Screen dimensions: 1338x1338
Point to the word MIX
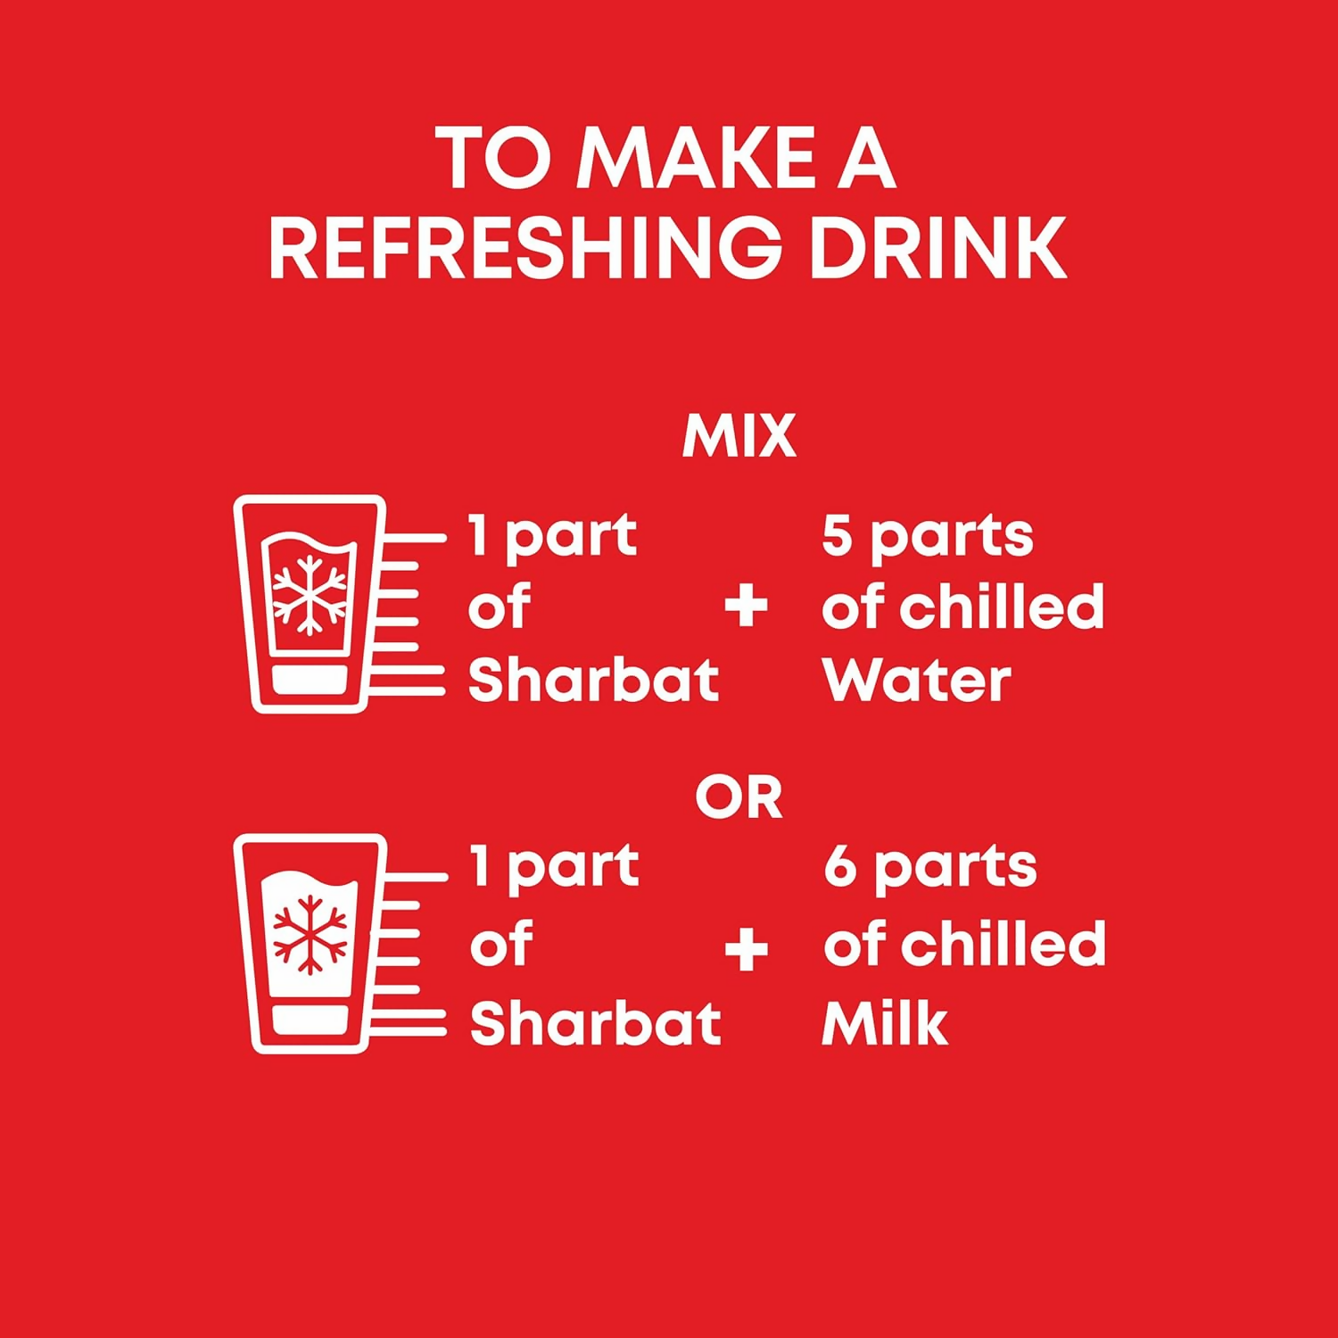(x=739, y=436)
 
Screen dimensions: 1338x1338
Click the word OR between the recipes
(x=739, y=797)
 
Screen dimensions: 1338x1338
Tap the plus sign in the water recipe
(x=746, y=607)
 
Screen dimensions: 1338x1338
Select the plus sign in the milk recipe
(x=747, y=948)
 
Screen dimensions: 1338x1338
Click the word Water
(x=917, y=681)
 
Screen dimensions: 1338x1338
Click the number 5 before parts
(x=837, y=535)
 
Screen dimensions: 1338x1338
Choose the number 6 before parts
(x=839, y=865)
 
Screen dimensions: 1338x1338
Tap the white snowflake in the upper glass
(x=309, y=595)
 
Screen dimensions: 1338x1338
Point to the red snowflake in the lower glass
(x=310, y=935)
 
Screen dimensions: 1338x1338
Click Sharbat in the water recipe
(x=593, y=680)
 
